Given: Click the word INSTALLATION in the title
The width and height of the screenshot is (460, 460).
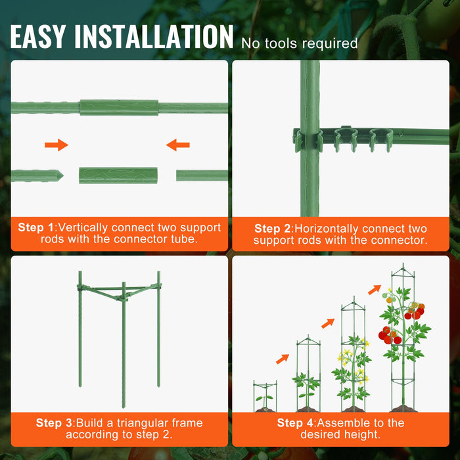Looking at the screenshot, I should point(154,37).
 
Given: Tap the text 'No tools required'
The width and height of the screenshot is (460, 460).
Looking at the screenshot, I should point(299,43).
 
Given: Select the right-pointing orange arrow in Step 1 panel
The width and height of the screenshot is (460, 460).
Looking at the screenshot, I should point(57,145).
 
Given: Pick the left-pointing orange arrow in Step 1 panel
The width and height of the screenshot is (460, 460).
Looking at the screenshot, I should point(178,145).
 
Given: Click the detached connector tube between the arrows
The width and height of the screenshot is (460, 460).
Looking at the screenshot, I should point(118,175).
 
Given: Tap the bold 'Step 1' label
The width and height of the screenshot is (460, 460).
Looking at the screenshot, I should point(36,227).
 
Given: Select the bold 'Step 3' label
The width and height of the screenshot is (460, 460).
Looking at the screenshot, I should point(54,423).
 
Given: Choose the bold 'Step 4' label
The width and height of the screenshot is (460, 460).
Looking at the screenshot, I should point(295,423).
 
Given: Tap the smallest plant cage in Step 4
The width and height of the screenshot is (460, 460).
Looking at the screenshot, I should point(265,396).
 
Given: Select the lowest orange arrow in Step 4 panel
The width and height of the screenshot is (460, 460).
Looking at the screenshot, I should point(283,359).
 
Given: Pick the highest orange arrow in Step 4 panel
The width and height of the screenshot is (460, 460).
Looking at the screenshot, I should point(374,289).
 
